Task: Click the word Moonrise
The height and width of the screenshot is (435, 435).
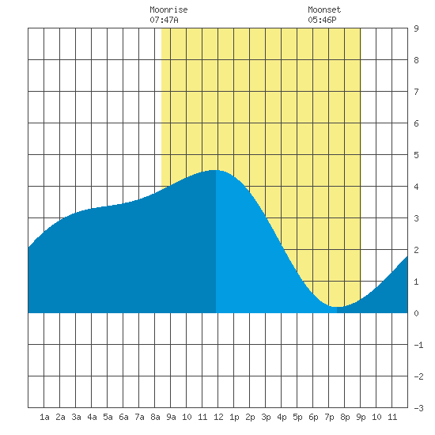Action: tap(168, 9)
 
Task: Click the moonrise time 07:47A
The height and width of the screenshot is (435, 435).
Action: tap(164, 20)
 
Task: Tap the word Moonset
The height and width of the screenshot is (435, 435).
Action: tap(324, 9)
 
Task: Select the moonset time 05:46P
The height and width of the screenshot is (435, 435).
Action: tap(322, 20)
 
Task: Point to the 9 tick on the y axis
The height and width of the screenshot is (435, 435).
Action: tap(416, 28)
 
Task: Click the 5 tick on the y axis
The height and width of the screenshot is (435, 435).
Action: tap(416, 155)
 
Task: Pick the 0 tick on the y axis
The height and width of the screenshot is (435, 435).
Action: tap(416, 313)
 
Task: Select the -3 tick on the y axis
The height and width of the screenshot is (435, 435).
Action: tap(418, 408)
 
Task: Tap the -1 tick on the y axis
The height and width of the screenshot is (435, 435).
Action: tap(418, 345)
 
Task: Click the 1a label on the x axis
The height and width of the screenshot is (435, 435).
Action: tap(44, 417)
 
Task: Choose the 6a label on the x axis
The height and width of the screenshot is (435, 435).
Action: tap(123, 417)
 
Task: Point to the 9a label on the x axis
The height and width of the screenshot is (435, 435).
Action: tap(171, 417)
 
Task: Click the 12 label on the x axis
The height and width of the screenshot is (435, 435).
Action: tap(218, 417)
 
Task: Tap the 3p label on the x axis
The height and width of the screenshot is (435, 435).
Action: tap(266, 417)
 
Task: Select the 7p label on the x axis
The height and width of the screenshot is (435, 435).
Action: tap(329, 417)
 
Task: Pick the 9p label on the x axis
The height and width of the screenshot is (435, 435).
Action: tap(361, 417)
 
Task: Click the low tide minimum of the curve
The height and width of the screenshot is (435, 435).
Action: tap(337, 307)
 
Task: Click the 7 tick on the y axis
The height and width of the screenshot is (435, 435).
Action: tap(416, 92)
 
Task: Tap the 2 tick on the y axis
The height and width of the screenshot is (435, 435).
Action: tap(416, 250)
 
